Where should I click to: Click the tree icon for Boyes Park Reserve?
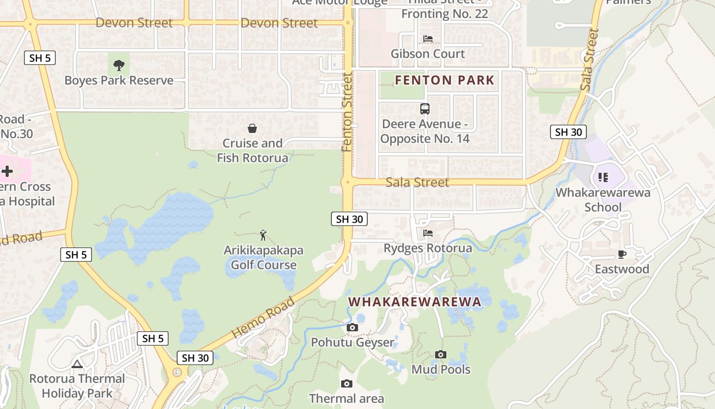(x=119, y=65)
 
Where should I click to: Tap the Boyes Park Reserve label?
(x=119, y=81)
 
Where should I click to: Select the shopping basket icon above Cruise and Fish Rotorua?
(x=252, y=128)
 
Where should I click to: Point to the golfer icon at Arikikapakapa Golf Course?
(x=263, y=235)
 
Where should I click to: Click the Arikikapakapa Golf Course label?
(x=264, y=258)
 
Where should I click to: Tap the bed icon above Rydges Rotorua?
(x=428, y=234)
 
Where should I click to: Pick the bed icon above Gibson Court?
(x=428, y=39)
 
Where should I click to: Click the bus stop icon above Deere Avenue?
(x=425, y=108)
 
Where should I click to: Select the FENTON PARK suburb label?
(x=445, y=80)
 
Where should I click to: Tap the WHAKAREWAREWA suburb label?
(x=415, y=302)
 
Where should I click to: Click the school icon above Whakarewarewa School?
(x=603, y=177)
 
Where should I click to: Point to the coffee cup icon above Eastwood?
(x=622, y=254)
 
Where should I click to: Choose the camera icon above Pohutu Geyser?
(x=352, y=328)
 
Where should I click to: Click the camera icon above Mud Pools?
(x=441, y=354)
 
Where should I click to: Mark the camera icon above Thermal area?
(x=346, y=383)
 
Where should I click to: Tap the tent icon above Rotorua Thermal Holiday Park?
(x=77, y=364)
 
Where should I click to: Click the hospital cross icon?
(x=7, y=171)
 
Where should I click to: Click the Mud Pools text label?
(x=441, y=369)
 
